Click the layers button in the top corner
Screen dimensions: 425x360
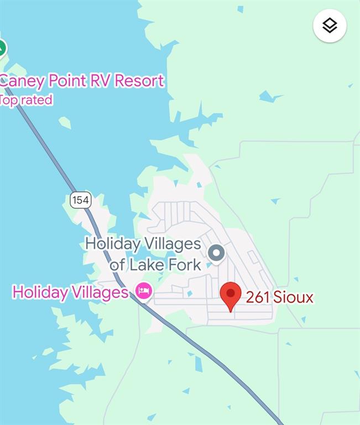pyautogui.click(x=330, y=26)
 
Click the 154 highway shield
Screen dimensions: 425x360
pyautogui.click(x=80, y=200)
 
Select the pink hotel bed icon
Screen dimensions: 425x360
pyautogui.click(x=144, y=291)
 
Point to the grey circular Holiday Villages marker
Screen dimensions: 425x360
pyautogui.click(x=216, y=253)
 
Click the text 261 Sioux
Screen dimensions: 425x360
pyautogui.click(x=279, y=298)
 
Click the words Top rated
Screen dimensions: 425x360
pyautogui.click(x=26, y=100)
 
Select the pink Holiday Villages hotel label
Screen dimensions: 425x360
pyautogui.click(x=70, y=292)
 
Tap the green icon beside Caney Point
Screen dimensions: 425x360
pyautogui.click(x=2, y=48)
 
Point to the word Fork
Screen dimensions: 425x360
pyautogui.click(x=185, y=265)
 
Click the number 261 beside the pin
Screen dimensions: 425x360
pyautogui.click(x=258, y=298)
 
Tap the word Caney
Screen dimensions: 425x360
pyautogui.click(x=22, y=81)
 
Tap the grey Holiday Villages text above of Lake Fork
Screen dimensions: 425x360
pyautogui.click(x=143, y=243)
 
